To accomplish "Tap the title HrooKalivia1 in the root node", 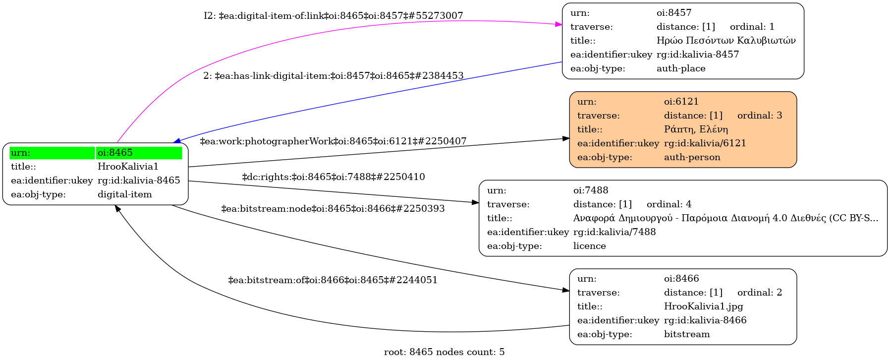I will pos(128,167).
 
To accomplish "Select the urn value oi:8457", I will pos(673,13).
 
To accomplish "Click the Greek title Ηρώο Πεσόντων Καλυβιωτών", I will pos(725,41).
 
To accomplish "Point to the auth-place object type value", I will pos(680,68).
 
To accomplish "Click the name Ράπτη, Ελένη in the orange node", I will pos(695,129).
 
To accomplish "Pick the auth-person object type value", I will pos(692,157).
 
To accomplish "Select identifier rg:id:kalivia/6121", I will pos(705,143).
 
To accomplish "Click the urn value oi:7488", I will pos(590,190).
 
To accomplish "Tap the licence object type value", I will pos(589,246).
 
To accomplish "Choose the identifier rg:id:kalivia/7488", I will pos(614,232).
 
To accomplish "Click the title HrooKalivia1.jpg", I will pos(703,306).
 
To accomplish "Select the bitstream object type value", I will pos(686,334).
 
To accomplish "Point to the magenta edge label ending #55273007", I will pos(333,16).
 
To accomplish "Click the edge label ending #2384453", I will pos(333,76).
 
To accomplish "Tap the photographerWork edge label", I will pos(333,141).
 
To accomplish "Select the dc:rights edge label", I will pos(333,177).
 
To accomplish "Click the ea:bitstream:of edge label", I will pos(333,280).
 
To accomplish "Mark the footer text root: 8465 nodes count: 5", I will pos(444,352).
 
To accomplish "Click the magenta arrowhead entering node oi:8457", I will pos(559,24).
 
